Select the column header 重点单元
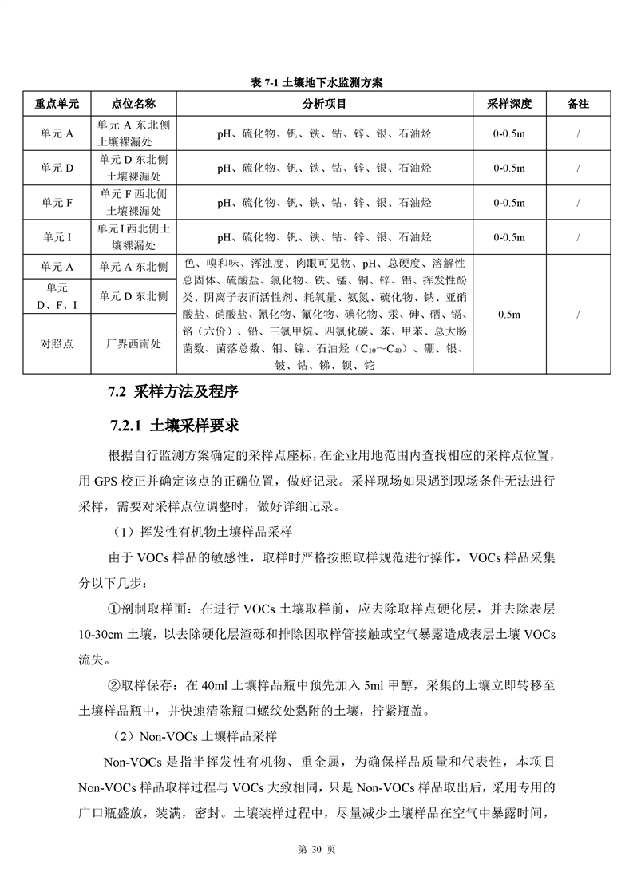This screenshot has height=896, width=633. pos(57,104)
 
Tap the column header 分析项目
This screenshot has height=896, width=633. pos(324,104)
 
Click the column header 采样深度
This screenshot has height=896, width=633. pos(509,104)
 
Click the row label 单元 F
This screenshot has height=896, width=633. pos(57,203)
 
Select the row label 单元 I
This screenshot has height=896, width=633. pos(57,237)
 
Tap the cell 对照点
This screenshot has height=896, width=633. pos(57,344)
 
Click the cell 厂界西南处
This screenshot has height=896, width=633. pos(133,344)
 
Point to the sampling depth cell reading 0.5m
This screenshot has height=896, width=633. pos(509,315)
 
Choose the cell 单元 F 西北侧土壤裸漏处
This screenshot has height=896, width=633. pos(133,203)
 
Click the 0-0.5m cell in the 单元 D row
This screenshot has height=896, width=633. pos(509,168)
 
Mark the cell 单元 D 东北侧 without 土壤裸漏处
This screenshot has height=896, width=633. pos(133,296)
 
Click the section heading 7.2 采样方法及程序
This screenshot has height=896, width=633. pos(173,392)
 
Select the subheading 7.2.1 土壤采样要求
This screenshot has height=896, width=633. pos(176,424)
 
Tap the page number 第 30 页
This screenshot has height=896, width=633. pos(316,850)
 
